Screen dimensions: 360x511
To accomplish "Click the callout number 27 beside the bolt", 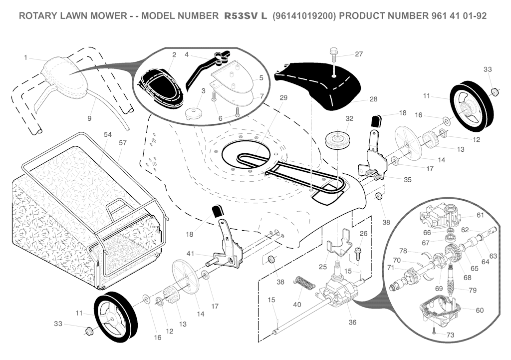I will (359, 54).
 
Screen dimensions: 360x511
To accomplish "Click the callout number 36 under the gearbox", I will (352, 322).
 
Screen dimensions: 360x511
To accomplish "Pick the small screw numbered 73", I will (434, 330).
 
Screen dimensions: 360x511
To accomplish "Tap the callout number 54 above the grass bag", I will (108, 135).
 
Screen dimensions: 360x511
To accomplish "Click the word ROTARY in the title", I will (38, 16).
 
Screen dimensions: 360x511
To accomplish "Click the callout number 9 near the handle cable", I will (89, 119).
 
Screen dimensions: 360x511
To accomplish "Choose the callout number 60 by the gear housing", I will (480, 310).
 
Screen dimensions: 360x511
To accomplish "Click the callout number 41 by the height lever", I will (190, 254).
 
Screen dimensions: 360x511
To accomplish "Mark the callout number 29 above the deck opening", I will (283, 98).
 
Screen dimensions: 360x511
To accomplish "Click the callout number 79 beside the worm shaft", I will (473, 290).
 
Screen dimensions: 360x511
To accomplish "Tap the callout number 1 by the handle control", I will (25, 57).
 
